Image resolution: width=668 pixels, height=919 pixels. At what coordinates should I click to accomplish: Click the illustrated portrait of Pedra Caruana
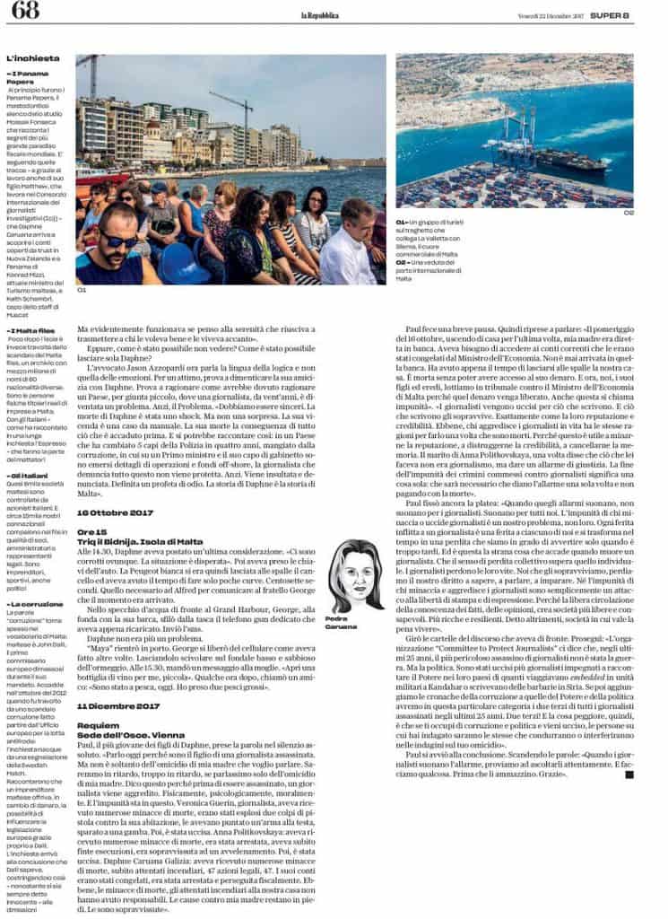(x=356, y=575)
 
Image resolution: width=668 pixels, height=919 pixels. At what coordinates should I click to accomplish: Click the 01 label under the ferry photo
(x=82, y=291)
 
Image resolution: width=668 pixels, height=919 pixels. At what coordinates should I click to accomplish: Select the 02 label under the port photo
(x=629, y=213)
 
